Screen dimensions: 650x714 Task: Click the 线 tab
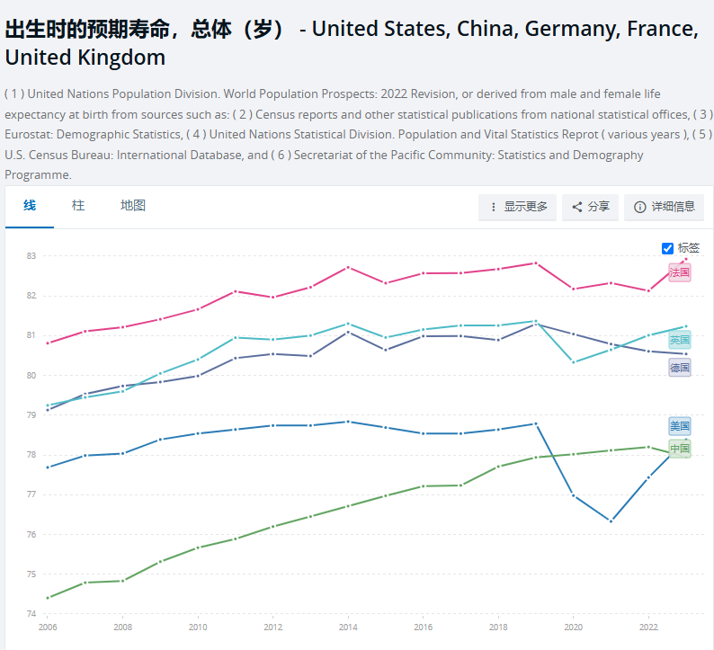pyautogui.click(x=30, y=206)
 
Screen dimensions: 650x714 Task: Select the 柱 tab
pyautogui.click(x=78, y=206)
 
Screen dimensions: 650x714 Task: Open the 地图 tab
pyautogui.click(x=133, y=206)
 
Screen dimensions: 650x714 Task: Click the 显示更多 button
pyautogui.click(x=518, y=207)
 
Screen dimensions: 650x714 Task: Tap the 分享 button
pyautogui.click(x=591, y=207)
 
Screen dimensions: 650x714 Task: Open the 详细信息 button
pyautogui.click(x=665, y=207)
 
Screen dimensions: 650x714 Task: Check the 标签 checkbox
pyautogui.click(x=667, y=248)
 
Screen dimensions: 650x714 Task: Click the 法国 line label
pyautogui.click(x=680, y=272)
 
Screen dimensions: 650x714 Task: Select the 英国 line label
pyautogui.click(x=680, y=340)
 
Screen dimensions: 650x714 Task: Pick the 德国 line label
pyautogui.click(x=680, y=368)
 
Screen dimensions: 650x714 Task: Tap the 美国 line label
pyautogui.click(x=680, y=426)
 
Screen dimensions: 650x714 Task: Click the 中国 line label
pyautogui.click(x=680, y=449)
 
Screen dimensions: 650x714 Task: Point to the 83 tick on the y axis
pyautogui.click(x=31, y=256)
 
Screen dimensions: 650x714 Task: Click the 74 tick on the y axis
pyautogui.click(x=31, y=614)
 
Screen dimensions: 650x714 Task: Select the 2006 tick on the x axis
pyautogui.click(x=47, y=628)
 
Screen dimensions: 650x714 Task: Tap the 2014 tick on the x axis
pyautogui.click(x=348, y=628)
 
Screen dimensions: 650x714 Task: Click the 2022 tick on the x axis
pyautogui.click(x=648, y=628)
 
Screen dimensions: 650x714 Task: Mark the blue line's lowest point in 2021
pyautogui.click(x=611, y=521)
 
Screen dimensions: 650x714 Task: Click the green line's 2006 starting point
pyautogui.click(x=47, y=598)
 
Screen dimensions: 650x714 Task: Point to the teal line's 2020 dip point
pyautogui.click(x=574, y=362)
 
